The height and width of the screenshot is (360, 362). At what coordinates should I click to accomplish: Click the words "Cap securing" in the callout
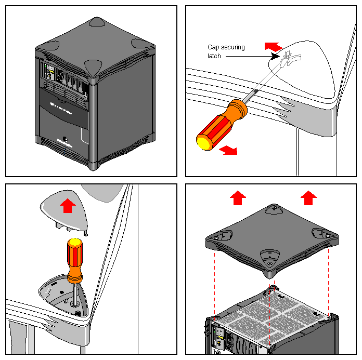pyautogui.click(x=226, y=47)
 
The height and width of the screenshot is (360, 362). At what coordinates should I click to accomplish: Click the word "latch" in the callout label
pyautogui.click(x=214, y=56)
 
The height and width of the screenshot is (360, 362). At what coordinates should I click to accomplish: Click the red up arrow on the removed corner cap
pyautogui.click(x=67, y=205)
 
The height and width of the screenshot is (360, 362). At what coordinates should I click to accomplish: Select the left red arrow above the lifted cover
pyautogui.click(x=238, y=197)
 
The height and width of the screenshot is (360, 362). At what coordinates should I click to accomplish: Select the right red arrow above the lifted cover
pyautogui.click(x=309, y=197)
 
